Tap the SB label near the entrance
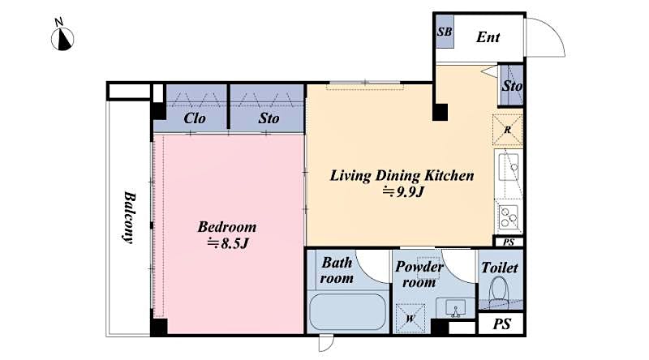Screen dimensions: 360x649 click(x=444, y=33)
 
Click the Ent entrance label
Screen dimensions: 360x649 click(x=488, y=37)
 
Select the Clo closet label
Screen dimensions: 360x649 click(x=194, y=118)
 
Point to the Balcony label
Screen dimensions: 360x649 click(x=129, y=216)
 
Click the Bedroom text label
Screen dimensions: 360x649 click(x=227, y=226)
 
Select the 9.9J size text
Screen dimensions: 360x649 click(x=402, y=191)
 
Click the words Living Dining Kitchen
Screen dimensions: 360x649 click(x=402, y=175)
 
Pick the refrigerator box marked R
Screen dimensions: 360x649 click(x=508, y=130)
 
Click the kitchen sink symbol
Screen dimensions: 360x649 click(x=509, y=169)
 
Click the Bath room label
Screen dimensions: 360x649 click(x=337, y=271)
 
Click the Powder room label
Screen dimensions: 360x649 click(x=419, y=275)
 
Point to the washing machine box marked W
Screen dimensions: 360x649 click(x=410, y=317)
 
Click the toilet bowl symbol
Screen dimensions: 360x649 click(x=500, y=289)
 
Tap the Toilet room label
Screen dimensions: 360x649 click(x=500, y=267)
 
